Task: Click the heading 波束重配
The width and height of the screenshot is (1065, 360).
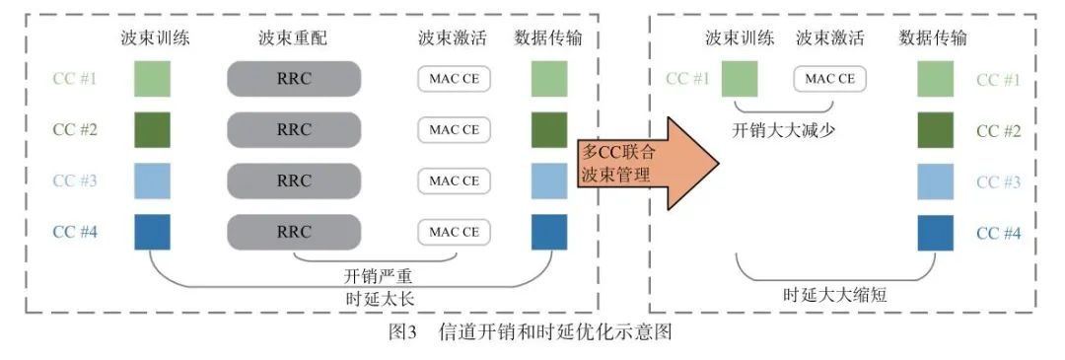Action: point(293,38)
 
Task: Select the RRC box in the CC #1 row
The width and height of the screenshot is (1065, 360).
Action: point(293,78)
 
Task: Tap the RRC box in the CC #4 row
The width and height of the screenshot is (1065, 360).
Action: point(293,232)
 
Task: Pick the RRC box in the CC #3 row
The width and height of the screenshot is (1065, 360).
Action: point(293,180)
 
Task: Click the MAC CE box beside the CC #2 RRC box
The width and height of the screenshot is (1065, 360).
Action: point(454,129)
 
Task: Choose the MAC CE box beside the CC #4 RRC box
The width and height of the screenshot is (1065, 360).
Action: point(454,232)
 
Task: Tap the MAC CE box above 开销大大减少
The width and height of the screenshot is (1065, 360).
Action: point(829,78)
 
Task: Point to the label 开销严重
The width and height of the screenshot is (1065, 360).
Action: point(376,276)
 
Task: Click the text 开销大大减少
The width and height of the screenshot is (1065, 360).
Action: point(783,129)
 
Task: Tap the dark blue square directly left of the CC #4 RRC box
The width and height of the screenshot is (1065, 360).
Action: point(153,232)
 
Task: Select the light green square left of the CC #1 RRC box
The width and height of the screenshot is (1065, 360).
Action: point(153,79)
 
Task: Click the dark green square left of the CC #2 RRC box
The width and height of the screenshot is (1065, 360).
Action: point(153,129)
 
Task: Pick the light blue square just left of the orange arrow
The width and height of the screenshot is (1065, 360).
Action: point(549,180)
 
